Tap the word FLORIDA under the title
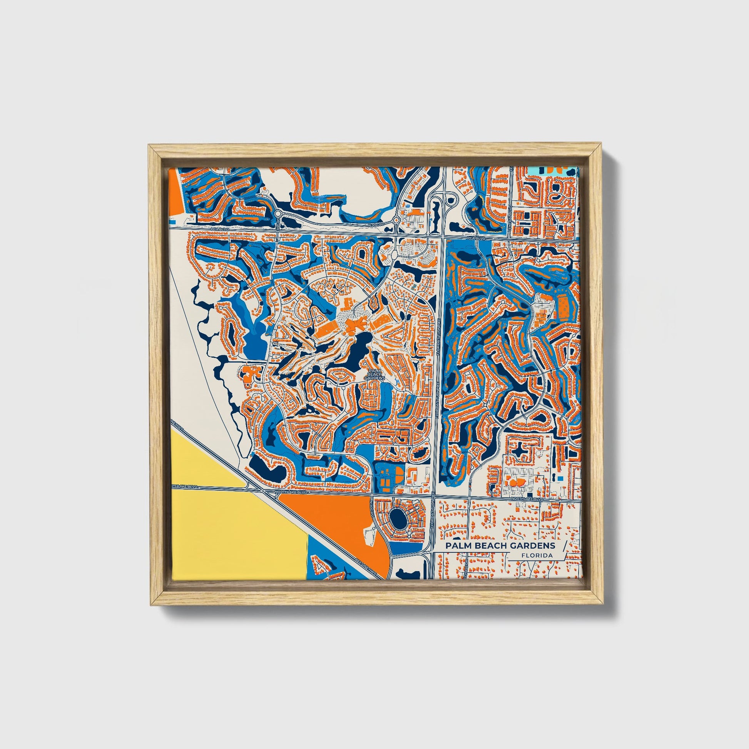pyautogui.click(x=537, y=555)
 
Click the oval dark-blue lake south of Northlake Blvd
pyautogui.click(x=398, y=518)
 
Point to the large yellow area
pyautogui.click(x=232, y=531)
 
